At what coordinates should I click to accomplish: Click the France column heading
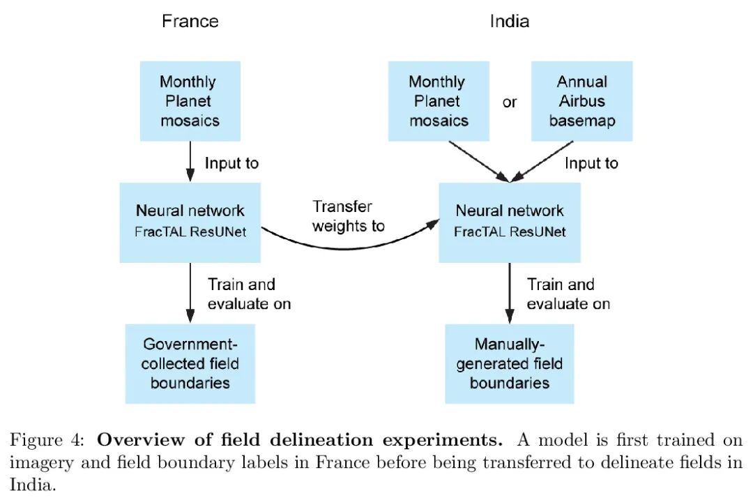190,21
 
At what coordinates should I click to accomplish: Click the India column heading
509,21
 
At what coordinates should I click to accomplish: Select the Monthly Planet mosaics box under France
190,101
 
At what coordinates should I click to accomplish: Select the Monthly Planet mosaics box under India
439,101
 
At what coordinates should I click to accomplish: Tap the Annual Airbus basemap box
582,101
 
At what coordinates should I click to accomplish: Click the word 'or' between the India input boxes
510,103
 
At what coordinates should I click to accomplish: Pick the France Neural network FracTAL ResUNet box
190,222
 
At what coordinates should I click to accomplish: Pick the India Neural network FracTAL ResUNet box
510,222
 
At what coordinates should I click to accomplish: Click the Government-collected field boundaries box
190,363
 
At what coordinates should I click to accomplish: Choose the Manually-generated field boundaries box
510,363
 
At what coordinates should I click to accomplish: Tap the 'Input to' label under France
231,163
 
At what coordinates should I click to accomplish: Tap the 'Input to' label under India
591,163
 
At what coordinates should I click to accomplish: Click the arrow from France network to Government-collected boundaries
190,293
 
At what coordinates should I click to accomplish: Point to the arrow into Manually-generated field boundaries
510,293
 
